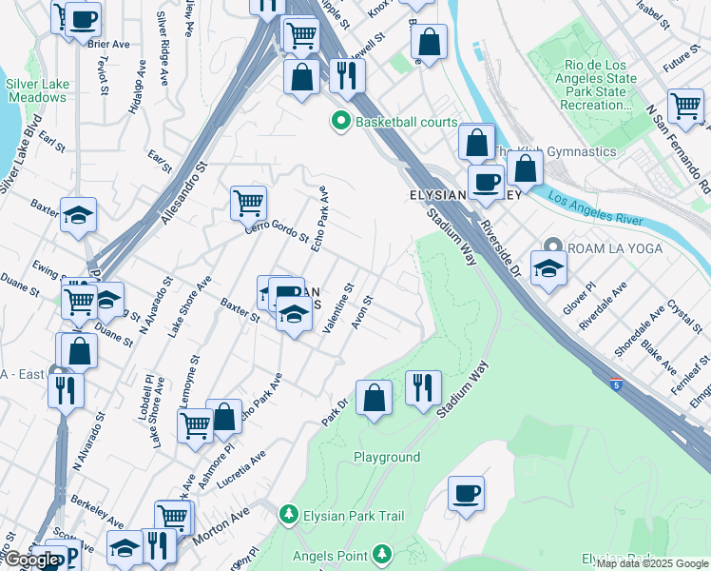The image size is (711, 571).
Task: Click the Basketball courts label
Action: tap(406, 122)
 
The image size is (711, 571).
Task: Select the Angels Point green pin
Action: tap(381, 553)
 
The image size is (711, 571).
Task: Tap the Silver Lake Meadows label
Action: tap(37, 90)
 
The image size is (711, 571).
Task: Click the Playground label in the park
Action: tap(387, 457)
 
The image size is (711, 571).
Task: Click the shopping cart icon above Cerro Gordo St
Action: tap(248, 202)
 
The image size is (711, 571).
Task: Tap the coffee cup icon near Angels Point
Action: tap(466, 494)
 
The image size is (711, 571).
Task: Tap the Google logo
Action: tap(30, 560)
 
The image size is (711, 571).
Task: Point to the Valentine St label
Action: tap(338, 307)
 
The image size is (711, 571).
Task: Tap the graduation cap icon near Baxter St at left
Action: tap(78, 214)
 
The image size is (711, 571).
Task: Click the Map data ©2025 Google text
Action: tap(652, 563)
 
